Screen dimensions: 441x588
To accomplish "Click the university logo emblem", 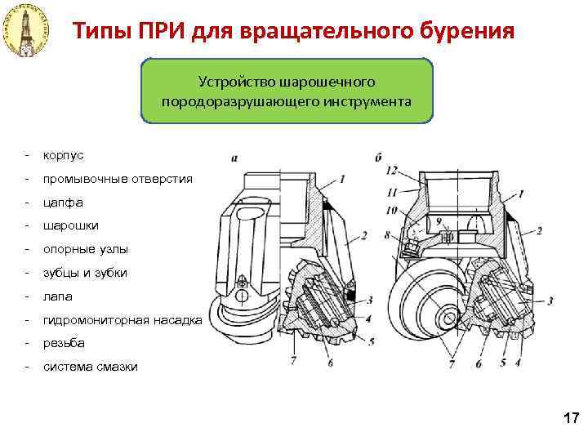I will (x=26, y=30).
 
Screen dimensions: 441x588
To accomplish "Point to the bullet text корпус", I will (x=63, y=154).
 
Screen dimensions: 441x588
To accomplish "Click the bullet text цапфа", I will (x=63, y=202).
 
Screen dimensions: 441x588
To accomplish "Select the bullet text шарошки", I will (x=68, y=225).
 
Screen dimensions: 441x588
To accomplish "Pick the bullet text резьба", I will (x=64, y=343).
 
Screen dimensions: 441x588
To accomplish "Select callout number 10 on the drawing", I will (x=392, y=211).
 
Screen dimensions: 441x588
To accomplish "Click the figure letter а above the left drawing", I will (x=234, y=157).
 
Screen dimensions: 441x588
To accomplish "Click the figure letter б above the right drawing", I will (x=379, y=155).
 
